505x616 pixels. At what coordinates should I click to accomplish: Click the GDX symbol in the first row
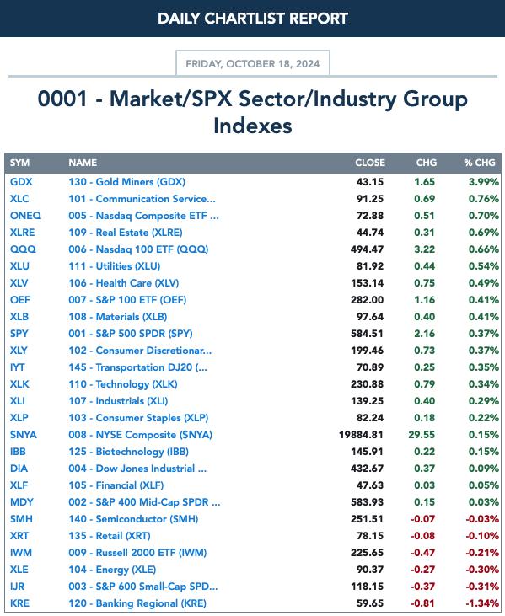click(x=21, y=182)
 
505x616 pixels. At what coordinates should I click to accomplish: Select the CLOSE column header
click(x=370, y=163)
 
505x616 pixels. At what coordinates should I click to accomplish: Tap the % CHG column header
click(x=480, y=163)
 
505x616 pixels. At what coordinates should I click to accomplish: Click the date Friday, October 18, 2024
click(x=253, y=64)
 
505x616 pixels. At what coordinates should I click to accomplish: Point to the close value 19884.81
click(x=361, y=435)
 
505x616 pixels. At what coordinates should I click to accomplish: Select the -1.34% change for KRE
click(x=482, y=603)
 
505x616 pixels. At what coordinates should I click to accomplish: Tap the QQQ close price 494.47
click(x=367, y=249)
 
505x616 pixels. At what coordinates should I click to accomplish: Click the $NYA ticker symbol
click(x=24, y=435)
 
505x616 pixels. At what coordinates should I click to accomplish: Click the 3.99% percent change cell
click(x=484, y=182)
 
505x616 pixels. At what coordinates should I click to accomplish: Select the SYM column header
click(x=19, y=163)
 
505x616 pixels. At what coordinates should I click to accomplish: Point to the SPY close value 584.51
click(x=367, y=334)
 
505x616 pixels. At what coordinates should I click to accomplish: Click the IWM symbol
click(x=21, y=553)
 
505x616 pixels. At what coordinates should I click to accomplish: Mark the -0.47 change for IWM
click(x=423, y=553)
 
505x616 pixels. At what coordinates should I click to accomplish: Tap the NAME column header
click(x=83, y=163)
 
